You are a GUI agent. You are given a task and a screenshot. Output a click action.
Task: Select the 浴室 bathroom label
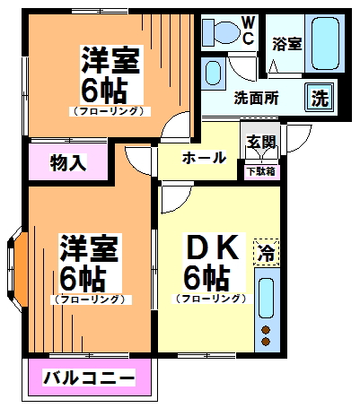[x=287, y=42]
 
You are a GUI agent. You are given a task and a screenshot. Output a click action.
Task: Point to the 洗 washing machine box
[x=319, y=98]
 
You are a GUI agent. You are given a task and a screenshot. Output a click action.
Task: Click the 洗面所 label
[x=256, y=99]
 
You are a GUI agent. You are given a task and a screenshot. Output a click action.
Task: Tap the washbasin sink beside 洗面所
[x=214, y=72]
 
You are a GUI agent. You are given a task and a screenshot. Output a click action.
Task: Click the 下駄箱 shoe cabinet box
[x=261, y=170]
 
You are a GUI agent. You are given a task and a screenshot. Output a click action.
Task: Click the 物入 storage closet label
[x=67, y=162]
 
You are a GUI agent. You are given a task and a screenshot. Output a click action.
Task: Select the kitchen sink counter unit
[x=266, y=300]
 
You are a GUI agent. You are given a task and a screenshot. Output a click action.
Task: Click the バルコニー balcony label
[x=89, y=378]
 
